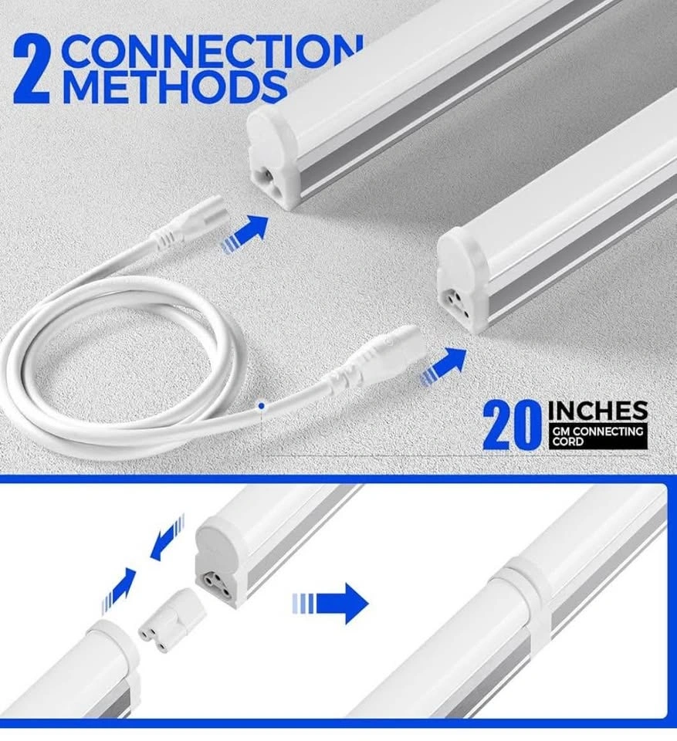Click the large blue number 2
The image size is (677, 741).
[31, 69]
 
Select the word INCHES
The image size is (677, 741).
[597, 411]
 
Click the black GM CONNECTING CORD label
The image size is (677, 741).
[597, 435]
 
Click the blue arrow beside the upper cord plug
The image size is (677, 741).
[245, 233]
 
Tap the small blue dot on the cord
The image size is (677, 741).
[262, 405]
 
